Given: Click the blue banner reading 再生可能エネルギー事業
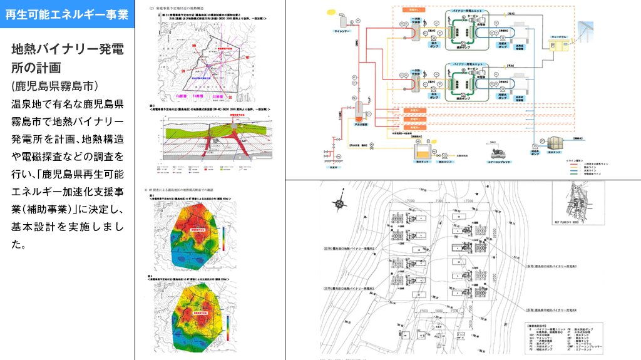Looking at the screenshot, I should tap(67, 14).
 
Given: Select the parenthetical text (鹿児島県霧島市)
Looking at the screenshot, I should tap(54, 85).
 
